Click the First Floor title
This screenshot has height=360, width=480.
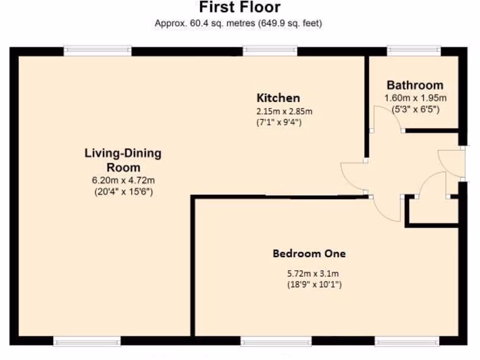(240, 7)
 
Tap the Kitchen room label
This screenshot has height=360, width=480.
(278, 98)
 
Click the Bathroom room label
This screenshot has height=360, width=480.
(415, 85)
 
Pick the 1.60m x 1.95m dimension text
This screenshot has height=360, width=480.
(415, 98)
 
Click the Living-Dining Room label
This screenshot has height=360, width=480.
(123, 160)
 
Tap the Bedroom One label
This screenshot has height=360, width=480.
(309, 254)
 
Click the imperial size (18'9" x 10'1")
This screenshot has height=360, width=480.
(314, 284)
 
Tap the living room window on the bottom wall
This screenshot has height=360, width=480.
(87, 342)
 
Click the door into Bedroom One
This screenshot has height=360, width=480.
(387, 209)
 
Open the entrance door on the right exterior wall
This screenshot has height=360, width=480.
(451, 163)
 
